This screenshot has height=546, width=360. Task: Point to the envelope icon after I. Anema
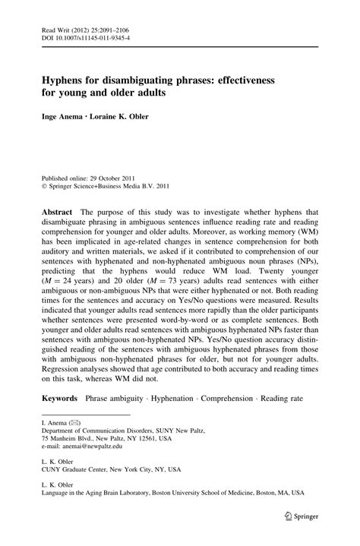72,421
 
